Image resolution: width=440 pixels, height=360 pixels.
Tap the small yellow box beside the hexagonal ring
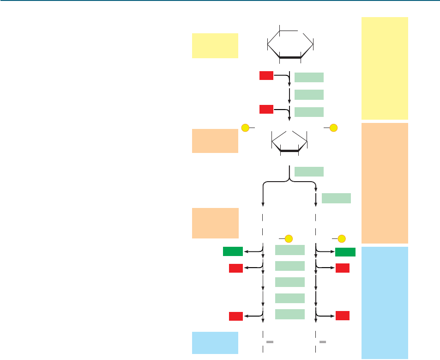point(215,45)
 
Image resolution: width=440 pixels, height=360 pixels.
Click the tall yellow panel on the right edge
point(385,68)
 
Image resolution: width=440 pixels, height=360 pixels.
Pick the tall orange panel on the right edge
point(385,183)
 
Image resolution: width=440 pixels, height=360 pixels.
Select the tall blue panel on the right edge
point(385,302)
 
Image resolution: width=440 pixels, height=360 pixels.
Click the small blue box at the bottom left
point(215,343)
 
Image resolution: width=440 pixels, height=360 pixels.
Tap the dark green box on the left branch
point(233,251)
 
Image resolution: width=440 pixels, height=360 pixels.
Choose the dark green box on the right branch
point(345,252)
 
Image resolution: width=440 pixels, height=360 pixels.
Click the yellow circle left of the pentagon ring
point(246,127)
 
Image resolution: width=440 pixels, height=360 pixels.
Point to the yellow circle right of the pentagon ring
point(333,127)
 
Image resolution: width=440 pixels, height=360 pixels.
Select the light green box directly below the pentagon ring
point(309,171)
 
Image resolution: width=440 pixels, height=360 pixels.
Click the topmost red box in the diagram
point(266,75)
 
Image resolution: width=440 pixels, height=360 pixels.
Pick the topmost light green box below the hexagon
point(309,77)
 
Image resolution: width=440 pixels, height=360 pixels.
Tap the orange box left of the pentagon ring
point(215,140)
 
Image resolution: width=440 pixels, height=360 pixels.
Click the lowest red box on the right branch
point(342,316)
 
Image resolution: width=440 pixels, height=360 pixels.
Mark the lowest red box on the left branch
point(236,317)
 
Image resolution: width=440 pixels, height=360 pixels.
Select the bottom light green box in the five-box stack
point(289,314)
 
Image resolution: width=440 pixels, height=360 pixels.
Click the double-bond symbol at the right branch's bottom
point(323,342)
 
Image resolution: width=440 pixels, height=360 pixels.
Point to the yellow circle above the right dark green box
point(342,238)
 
